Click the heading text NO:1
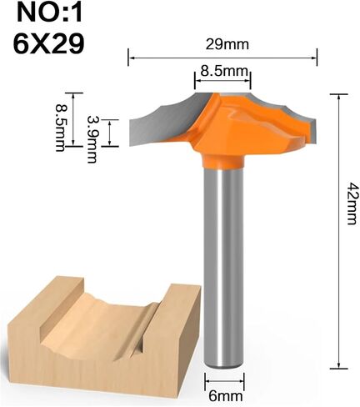pyautogui.click(x=50, y=13)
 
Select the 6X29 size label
pyautogui.click(x=48, y=43)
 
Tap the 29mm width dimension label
pyautogui.click(x=227, y=45)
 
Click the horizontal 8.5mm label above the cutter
pyautogui.click(x=224, y=71)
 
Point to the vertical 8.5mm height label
pyautogui.click(x=60, y=128)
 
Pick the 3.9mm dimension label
pyautogui.click(x=92, y=139)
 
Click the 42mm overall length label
pyautogui.click(x=351, y=203)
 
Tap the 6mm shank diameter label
pyautogui.click(x=226, y=396)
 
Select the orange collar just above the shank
pyautogui.click(x=224, y=162)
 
